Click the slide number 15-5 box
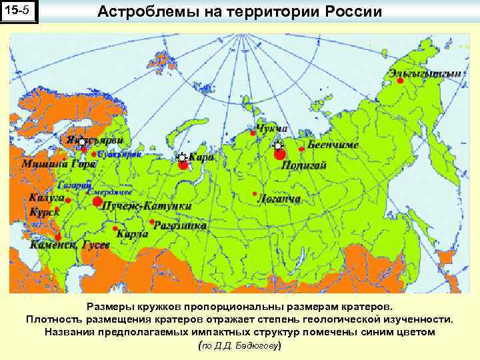point(19,13)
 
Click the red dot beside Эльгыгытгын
point(400,80)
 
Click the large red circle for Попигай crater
point(279,155)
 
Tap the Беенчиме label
point(333,145)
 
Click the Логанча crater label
point(279,199)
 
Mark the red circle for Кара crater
point(183,165)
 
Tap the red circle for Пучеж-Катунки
point(97,201)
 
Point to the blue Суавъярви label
point(120,154)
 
